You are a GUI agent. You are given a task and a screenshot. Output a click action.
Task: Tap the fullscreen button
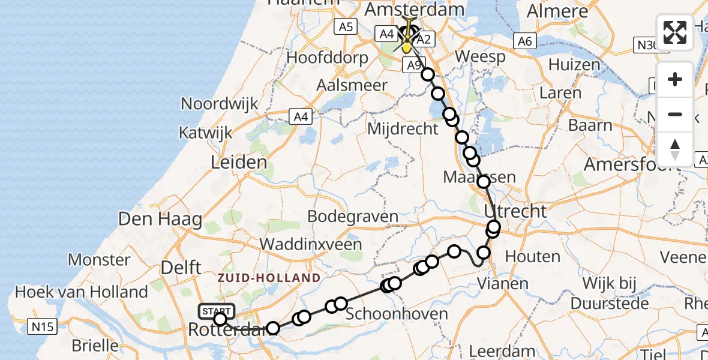click(675, 32)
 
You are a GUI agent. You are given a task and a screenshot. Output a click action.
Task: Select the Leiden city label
click(239, 162)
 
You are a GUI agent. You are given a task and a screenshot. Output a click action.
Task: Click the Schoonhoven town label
click(397, 314)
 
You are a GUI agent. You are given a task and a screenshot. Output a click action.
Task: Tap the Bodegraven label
click(353, 217)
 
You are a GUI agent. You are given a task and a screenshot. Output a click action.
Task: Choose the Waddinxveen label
click(310, 244)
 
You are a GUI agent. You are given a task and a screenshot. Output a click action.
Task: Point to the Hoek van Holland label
click(81, 292)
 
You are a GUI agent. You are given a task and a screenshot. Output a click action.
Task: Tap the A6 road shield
click(524, 41)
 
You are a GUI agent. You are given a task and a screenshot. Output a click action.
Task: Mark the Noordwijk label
click(220, 103)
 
